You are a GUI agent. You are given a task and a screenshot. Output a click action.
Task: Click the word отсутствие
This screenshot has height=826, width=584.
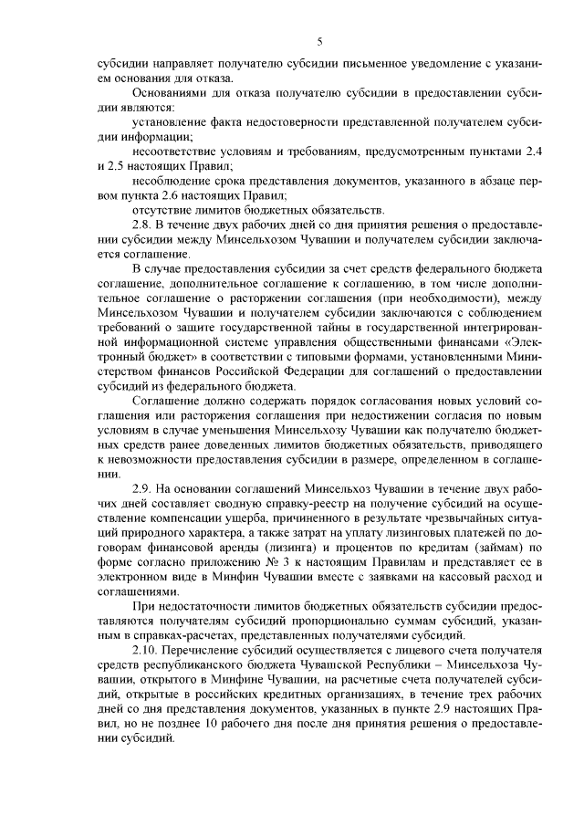tap(160, 210)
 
